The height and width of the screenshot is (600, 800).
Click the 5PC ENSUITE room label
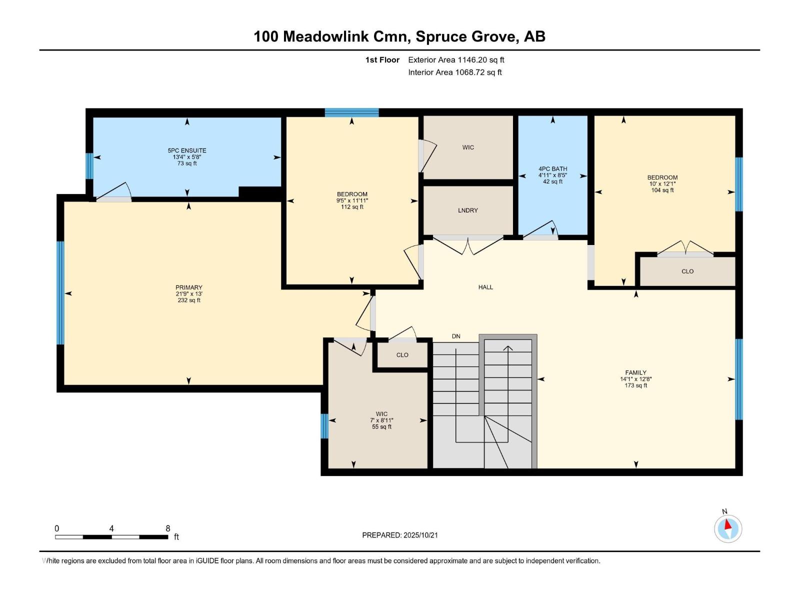point(187,150)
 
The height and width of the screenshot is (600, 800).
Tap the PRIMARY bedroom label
point(188,287)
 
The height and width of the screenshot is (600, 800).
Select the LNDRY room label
point(467,210)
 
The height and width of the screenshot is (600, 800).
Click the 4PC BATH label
point(552,169)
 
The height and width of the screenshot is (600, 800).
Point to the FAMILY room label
point(635,372)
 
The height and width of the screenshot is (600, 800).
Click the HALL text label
point(485,287)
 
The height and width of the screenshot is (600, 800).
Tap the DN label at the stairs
point(455,336)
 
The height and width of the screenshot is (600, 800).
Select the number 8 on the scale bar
point(168,528)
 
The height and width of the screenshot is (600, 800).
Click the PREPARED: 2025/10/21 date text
point(400,535)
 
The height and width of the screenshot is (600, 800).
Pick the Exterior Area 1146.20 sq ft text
point(456,60)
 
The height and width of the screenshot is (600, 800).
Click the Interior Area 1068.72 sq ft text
point(454,72)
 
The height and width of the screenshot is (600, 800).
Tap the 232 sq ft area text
point(188,300)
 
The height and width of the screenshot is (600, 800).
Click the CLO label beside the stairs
point(402,355)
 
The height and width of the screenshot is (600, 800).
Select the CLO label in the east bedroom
point(687,271)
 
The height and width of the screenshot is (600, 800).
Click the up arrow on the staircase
point(508,348)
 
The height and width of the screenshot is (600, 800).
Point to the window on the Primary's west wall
point(60,293)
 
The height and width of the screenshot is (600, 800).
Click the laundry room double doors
point(467,245)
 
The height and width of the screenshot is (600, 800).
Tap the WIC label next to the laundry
point(468,147)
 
